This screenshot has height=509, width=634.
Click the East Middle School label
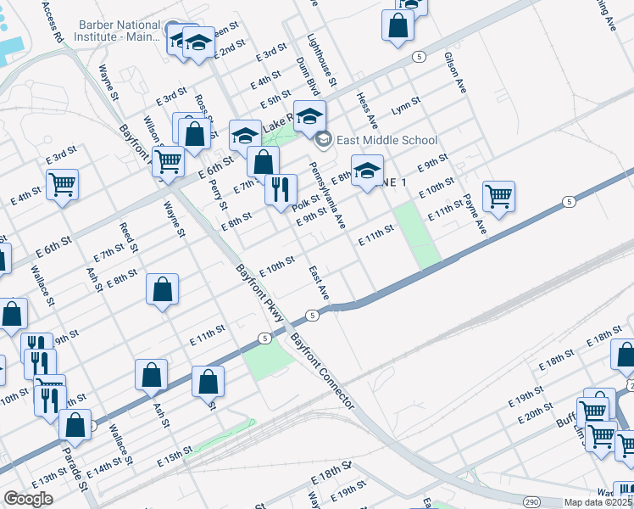click(387, 140)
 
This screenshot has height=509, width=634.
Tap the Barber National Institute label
click(119, 31)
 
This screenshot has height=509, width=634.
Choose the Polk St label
click(305, 204)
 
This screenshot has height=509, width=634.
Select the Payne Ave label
click(475, 215)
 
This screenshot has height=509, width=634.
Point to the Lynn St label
click(406, 110)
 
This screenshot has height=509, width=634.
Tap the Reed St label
click(128, 238)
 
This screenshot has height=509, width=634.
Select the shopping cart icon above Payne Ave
click(499, 196)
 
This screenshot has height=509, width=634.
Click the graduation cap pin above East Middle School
click(309, 115)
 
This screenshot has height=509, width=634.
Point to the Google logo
click(28, 499)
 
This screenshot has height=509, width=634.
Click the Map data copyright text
click(598, 502)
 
